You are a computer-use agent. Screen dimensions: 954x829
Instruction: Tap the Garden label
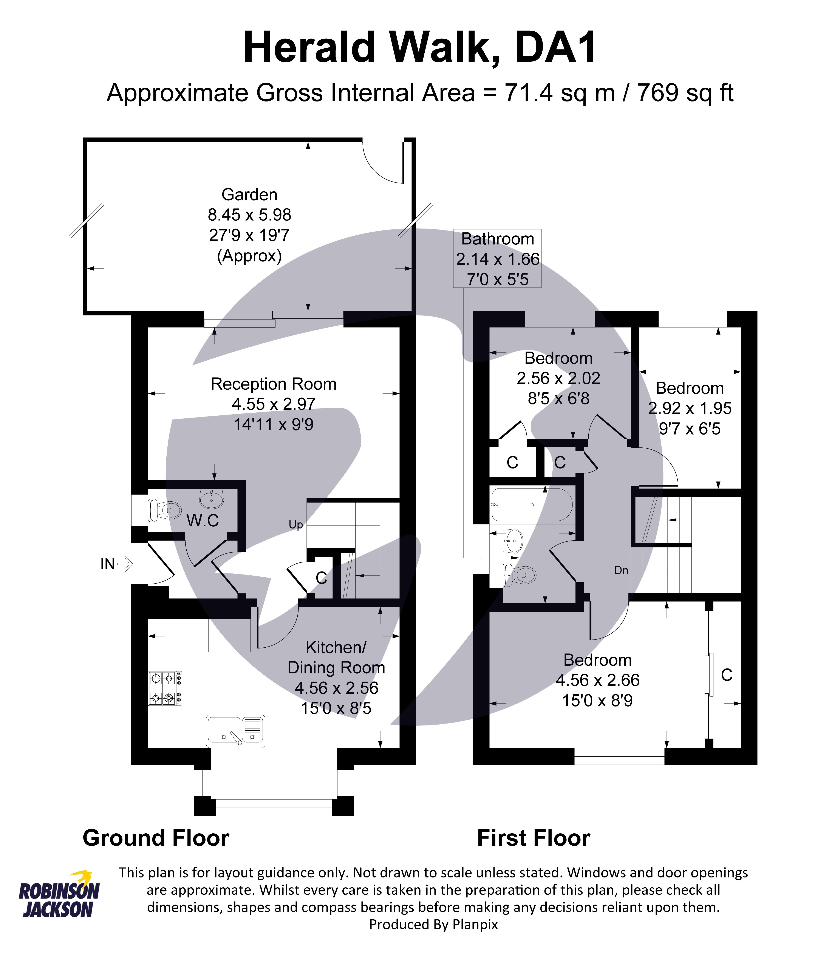coord(249,195)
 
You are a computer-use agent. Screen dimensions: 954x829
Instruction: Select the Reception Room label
coord(273,384)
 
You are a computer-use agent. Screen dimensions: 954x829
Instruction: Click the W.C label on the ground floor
coord(203,521)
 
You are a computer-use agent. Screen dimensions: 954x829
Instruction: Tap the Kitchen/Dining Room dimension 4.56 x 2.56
coord(336,688)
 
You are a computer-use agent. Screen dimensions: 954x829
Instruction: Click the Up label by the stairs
coord(296,525)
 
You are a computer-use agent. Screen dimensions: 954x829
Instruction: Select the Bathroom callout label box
coord(497,259)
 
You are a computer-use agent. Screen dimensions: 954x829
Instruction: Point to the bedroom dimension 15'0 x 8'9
coord(597,701)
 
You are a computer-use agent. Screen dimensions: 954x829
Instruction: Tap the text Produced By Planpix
coord(433,924)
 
